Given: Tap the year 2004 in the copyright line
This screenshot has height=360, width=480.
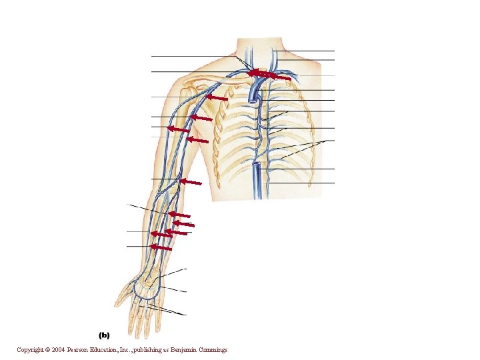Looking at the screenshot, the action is click(63, 350).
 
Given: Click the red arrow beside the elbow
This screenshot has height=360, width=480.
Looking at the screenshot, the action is click(191, 181).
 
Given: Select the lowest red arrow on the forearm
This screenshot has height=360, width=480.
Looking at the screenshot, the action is click(161, 247).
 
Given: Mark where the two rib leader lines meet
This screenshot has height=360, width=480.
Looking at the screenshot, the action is click(326, 141).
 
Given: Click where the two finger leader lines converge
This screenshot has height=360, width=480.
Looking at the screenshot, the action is click(186, 314).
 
